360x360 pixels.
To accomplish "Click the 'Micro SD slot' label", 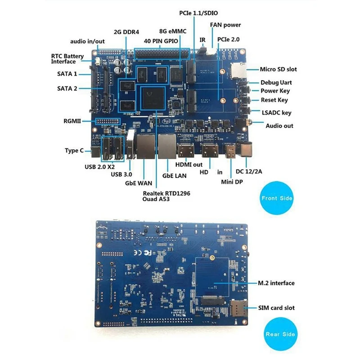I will click(278, 69).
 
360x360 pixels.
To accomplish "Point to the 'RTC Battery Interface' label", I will click(67, 59).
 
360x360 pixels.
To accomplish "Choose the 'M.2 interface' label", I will click(276, 283).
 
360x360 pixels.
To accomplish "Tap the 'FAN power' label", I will click(225, 25).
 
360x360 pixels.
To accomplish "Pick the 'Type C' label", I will click(74, 151).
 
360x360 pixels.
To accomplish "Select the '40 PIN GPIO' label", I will click(161, 41).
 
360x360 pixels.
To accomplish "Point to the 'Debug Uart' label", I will click(276, 83).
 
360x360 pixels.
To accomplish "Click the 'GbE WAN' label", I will click(139, 183).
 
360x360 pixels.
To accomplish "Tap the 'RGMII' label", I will click(72, 121).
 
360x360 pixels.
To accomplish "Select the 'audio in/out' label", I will click(87, 41).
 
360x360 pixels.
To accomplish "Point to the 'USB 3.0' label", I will click(123, 174).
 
